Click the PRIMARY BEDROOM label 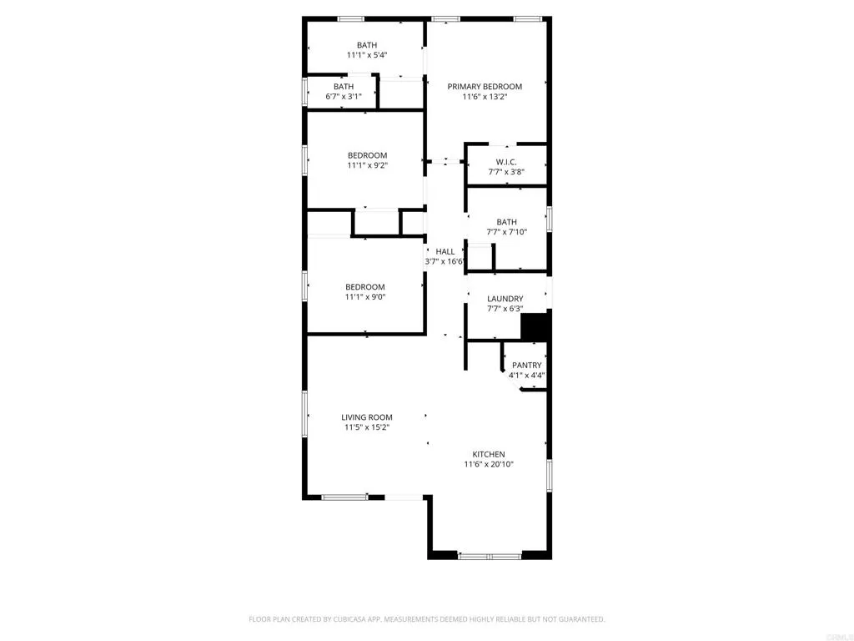pyautogui.click(x=485, y=87)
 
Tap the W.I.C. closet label pyautogui.click(x=506, y=162)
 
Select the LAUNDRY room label pyautogui.click(x=505, y=299)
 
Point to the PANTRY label pyautogui.click(x=527, y=366)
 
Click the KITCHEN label pyautogui.click(x=489, y=454)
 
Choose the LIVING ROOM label pyautogui.click(x=367, y=417)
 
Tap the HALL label pyautogui.click(x=445, y=251)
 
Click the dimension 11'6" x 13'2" pyautogui.click(x=485, y=97)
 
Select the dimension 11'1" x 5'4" pyautogui.click(x=367, y=55)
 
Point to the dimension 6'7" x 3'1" pyautogui.click(x=344, y=96)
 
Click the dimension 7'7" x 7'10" pyautogui.click(x=506, y=232)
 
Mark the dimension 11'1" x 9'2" pyautogui.click(x=367, y=165)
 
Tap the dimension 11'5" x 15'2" pyautogui.click(x=367, y=427)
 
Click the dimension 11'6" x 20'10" pyautogui.click(x=489, y=464)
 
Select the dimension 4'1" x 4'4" pyautogui.click(x=527, y=376)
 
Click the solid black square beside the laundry pyautogui.click(x=534, y=326)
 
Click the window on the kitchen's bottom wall pyautogui.click(x=490, y=555)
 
